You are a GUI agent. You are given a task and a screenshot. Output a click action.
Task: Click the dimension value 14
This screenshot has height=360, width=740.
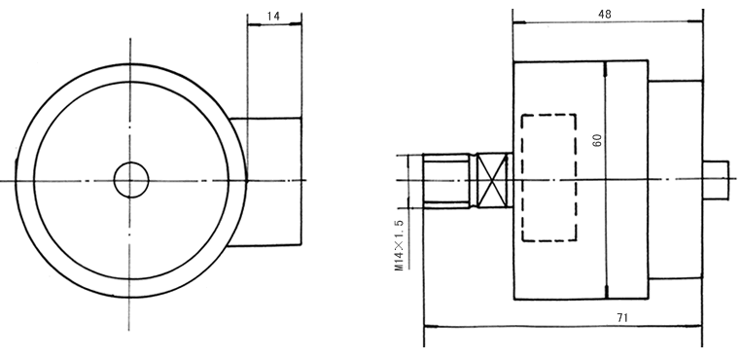click(273, 16)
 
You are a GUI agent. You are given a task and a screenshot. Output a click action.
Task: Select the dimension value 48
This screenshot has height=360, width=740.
click(605, 15)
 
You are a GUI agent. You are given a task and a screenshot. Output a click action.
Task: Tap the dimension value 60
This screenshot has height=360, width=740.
click(597, 140)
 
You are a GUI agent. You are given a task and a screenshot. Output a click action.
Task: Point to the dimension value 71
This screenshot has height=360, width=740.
click(622, 318)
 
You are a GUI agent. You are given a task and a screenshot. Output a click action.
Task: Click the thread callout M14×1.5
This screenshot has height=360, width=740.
click(400, 245)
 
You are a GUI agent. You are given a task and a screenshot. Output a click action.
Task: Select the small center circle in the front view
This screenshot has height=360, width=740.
click(131, 180)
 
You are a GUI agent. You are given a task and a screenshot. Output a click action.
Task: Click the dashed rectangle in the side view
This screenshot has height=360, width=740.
click(548, 177)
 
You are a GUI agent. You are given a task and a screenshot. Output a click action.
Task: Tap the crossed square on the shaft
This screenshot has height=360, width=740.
click(492, 180)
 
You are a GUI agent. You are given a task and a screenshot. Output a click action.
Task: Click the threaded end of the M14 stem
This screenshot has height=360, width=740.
click(446, 181)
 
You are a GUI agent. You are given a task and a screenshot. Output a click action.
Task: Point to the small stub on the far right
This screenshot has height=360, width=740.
click(716, 180)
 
